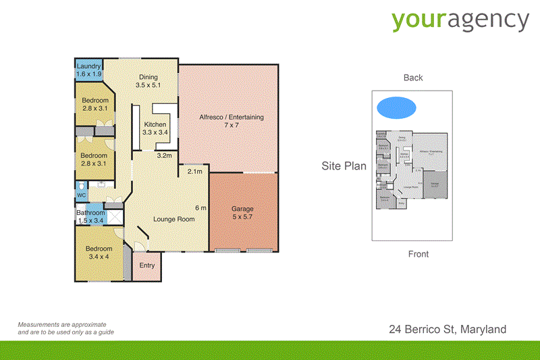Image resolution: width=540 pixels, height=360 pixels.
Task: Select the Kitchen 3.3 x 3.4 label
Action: (155, 128)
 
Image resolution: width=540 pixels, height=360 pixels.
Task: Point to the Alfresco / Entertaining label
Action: (231, 122)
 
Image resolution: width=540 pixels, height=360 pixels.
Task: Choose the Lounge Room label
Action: (173, 219)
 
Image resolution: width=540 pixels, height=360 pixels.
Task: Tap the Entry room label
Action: (146, 265)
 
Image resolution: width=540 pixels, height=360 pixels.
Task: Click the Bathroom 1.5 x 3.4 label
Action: (90, 216)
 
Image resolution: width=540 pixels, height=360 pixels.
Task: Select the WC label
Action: (81, 195)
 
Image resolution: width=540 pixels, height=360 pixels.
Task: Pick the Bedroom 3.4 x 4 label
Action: (98, 252)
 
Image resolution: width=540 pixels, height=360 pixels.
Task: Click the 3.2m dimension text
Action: (164, 156)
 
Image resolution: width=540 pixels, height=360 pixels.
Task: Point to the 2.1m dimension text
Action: (194, 172)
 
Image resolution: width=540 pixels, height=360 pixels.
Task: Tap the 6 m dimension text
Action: (200, 207)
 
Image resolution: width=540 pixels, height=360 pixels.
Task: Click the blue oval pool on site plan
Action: (396, 107)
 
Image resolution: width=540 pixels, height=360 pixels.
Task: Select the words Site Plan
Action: (344, 165)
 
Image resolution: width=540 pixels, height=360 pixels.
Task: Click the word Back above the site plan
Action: (413, 78)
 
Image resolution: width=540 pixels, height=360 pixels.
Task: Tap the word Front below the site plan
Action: (418, 254)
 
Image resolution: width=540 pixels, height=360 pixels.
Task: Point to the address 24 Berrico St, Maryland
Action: (447, 330)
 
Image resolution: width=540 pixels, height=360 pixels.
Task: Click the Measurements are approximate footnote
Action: (65, 328)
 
